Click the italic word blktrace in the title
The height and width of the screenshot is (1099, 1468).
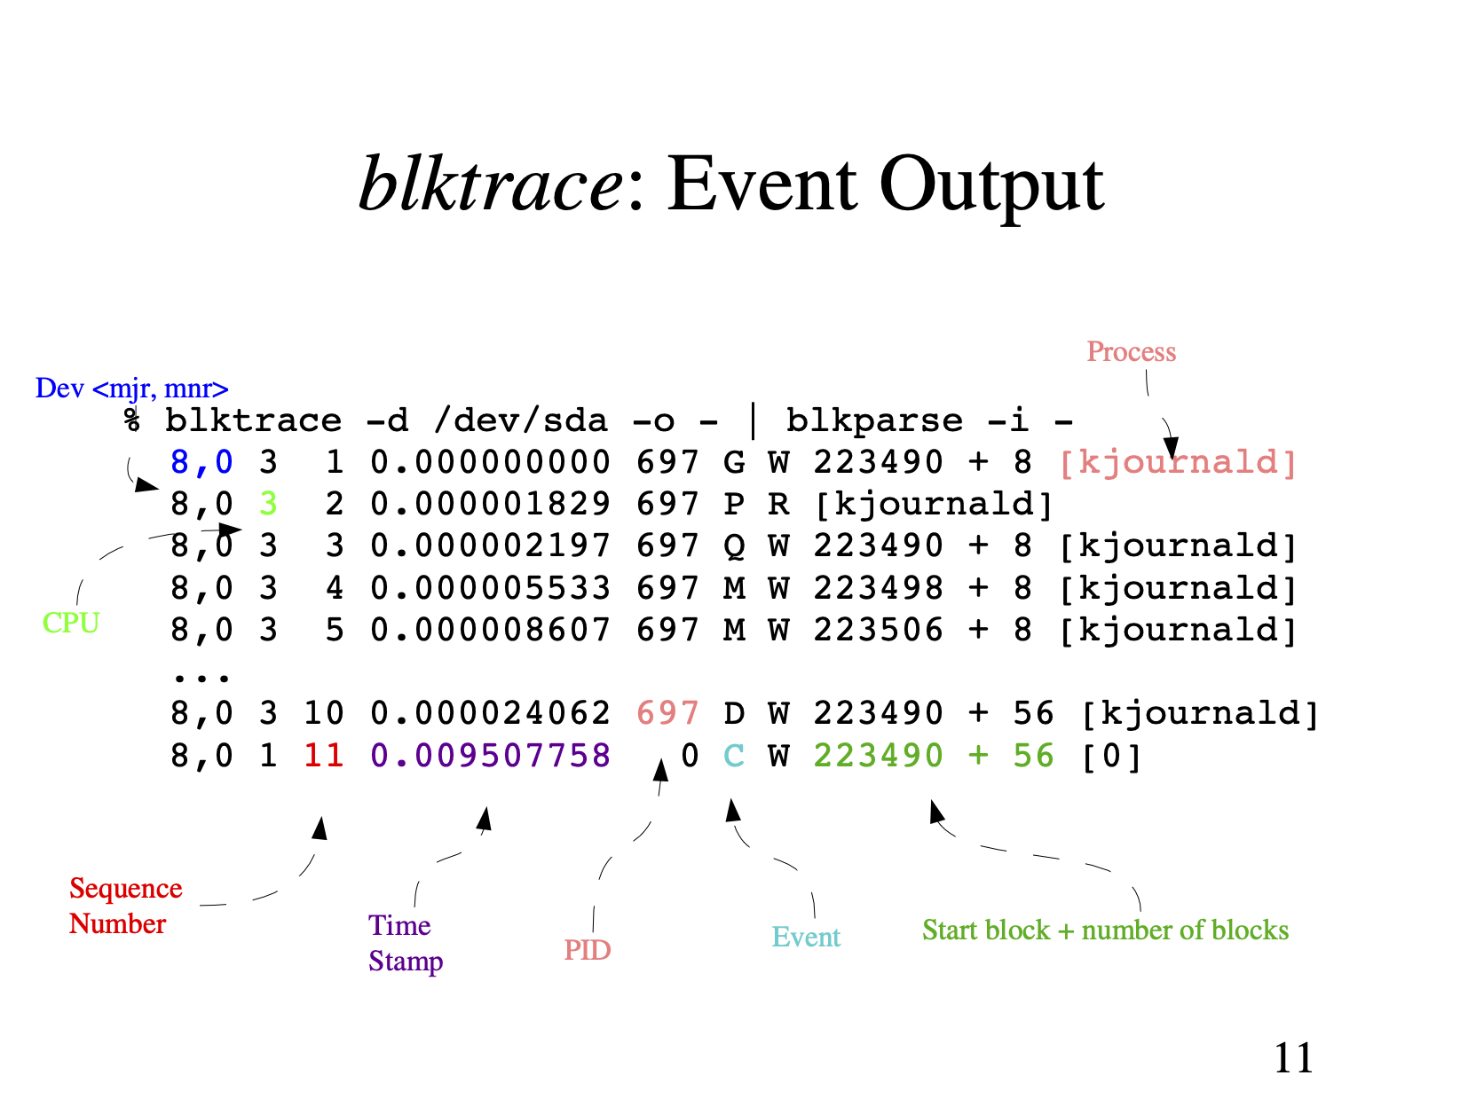coord(491,184)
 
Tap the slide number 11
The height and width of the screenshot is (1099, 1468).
coord(1292,1057)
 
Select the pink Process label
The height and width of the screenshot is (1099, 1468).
coord(1131,352)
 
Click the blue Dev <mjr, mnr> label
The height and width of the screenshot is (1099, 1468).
coord(131,389)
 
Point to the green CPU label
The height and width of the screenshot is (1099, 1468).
coord(71,623)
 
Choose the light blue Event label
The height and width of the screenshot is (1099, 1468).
coord(805,937)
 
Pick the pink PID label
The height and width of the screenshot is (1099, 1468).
coord(587,950)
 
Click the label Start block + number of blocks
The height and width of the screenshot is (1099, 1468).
coord(1105,930)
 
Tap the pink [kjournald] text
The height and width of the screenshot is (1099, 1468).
coord(1178,462)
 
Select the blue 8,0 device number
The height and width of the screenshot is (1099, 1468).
coord(201,462)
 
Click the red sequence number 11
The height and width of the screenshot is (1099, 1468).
coord(323,756)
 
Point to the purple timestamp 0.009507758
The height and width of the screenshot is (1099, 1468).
coord(490,756)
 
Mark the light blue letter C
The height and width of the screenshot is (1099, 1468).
coord(733,756)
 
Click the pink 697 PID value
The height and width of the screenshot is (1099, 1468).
coord(667,713)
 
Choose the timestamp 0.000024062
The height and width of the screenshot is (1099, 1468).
coord(490,713)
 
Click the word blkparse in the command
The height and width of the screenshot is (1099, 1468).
coord(873,420)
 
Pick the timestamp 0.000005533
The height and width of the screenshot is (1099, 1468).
coord(490,588)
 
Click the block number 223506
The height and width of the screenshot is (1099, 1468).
coord(878,630)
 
